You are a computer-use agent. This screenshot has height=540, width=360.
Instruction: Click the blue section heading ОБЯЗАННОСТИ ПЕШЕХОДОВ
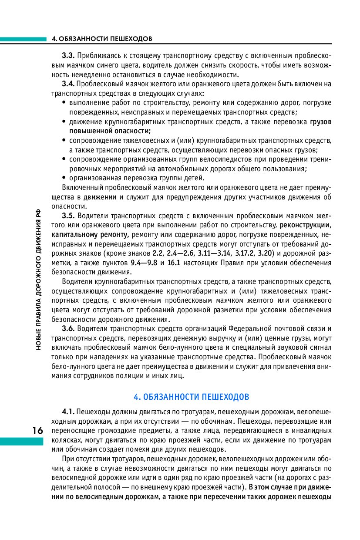tap(192, 397)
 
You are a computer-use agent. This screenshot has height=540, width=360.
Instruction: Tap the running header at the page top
tap(102, 39)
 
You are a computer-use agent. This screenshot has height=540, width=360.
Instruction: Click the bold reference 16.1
tap(174, 263)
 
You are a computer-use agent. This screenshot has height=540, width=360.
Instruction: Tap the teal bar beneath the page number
tap(22, 442)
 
